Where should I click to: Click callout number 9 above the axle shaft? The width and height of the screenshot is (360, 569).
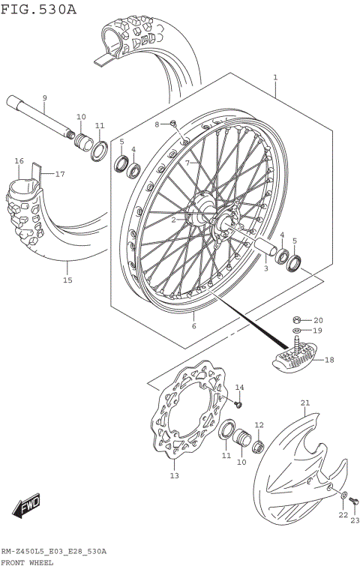click(x=44, y=98)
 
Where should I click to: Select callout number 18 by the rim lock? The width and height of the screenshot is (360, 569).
click(x=328, y=360)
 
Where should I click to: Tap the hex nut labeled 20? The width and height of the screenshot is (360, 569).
click(x=297, y=319)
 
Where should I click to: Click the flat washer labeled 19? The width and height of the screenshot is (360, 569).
click(x=297, y=331)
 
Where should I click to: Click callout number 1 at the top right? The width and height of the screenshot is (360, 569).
click(x=275, y=77)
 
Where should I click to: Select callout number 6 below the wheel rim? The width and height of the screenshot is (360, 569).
click(x=193, y=326)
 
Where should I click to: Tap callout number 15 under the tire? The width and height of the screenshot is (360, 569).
click(x=67, y=280)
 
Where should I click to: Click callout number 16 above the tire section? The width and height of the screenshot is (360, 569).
click(x=19, y=161)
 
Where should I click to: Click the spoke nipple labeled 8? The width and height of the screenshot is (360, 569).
click(x=172, y=124)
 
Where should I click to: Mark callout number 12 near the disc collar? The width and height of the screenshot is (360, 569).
click(x=259, y=425)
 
